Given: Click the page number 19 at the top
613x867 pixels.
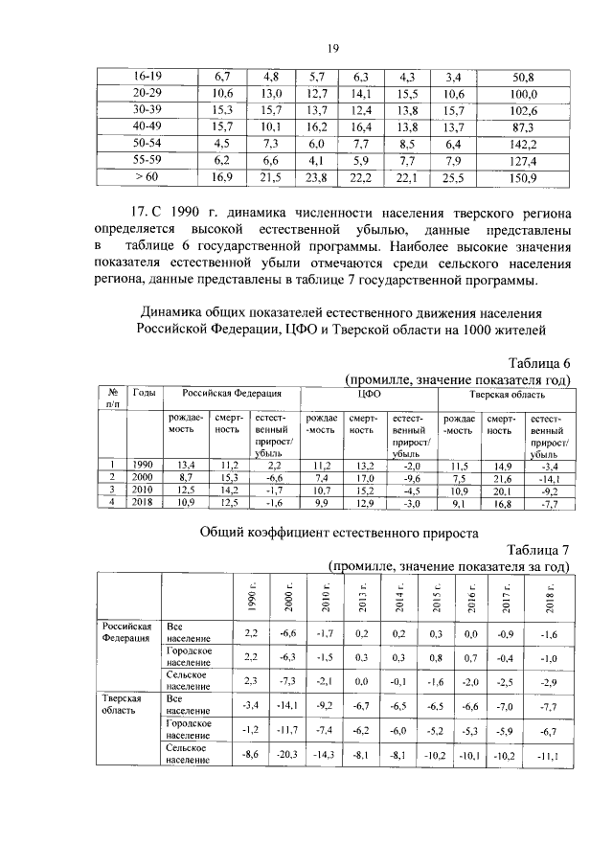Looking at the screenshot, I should (x=331, y=49).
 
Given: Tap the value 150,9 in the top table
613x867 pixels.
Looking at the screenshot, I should (x=523, y=176).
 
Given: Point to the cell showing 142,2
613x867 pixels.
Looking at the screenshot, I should (x=523, y=144).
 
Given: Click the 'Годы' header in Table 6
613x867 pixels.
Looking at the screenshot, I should (x=145, y=394).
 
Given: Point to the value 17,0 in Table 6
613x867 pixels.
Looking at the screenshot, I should (x=364, y=478).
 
